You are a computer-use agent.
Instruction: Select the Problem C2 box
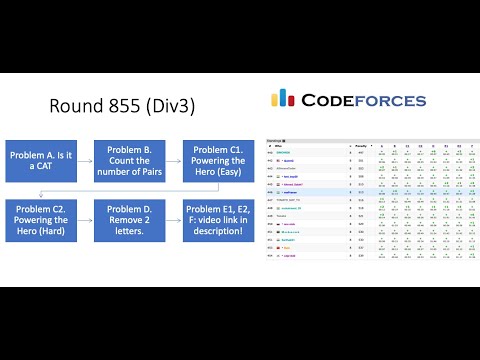coord(41,221)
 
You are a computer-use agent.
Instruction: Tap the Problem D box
coord(128,221)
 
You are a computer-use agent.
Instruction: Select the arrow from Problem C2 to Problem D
coord(84,221)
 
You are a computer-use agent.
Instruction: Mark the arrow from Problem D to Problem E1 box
coord(171,221)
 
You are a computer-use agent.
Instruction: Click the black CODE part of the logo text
coord(329,100)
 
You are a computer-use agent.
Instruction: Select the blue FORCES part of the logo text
coord(392,100)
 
